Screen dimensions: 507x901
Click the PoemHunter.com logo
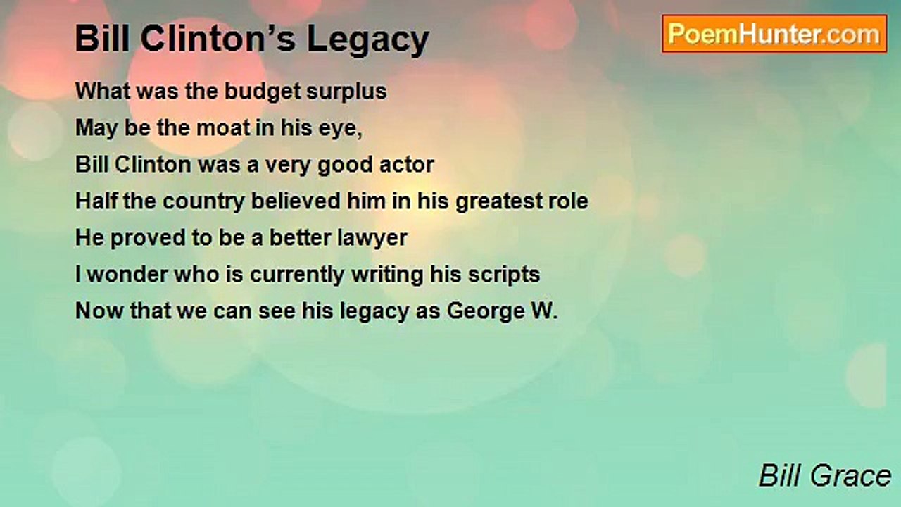(x=774, y=34)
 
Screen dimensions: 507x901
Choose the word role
(x=568, y=201)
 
